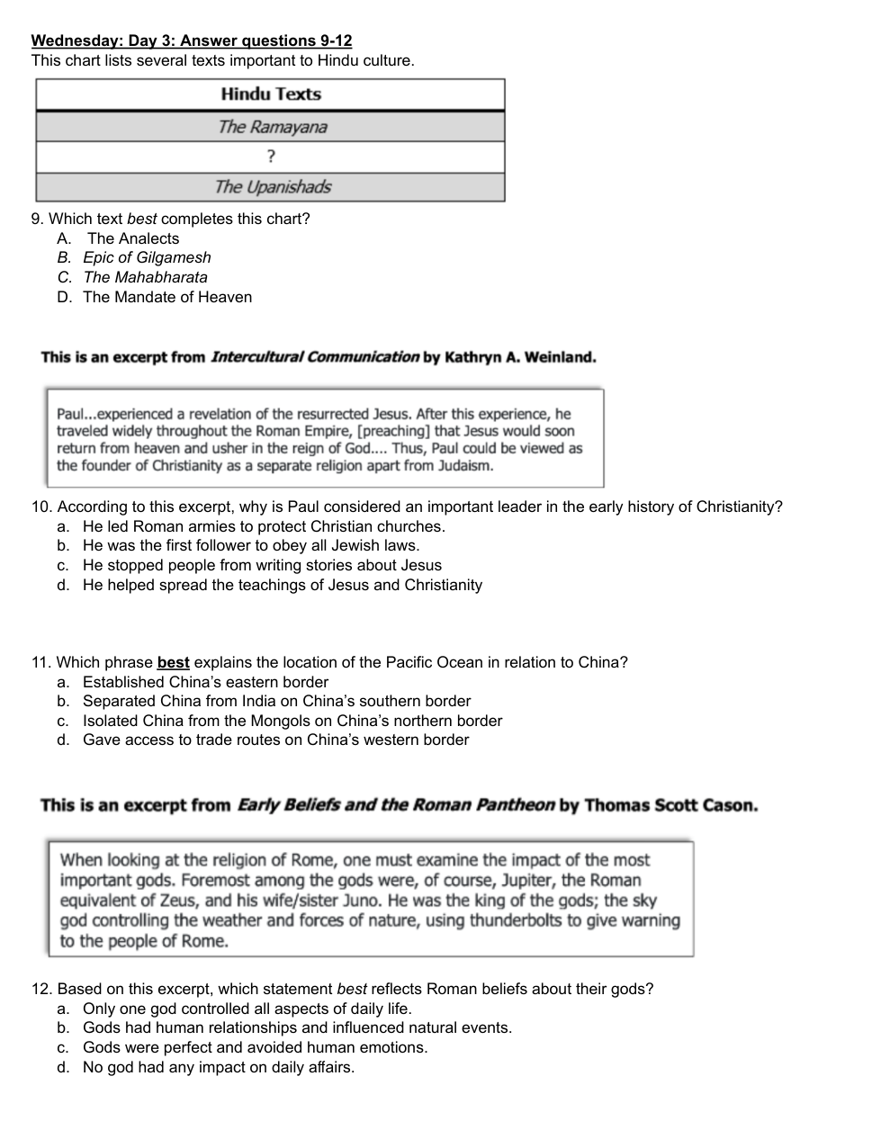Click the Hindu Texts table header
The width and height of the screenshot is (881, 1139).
coord(271,94)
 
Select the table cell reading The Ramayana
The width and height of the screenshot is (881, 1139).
coord(271,127)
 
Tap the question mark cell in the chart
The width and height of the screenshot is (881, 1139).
coord(271,157)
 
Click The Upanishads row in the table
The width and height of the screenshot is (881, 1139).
coord(271,187)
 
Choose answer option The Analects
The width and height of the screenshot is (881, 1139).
coord(132,238)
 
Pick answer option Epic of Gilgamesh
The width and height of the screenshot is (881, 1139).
coord(147,258)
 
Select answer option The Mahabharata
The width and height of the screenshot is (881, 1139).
coord(145,277)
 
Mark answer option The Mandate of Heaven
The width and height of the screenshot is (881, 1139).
coord(167,297)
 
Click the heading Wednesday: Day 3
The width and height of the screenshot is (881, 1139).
coord(192,40)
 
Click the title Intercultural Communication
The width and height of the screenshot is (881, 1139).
coord(314,357)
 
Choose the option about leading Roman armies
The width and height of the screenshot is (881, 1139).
coord(264,526)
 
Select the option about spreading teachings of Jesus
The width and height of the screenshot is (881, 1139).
coord(282,585)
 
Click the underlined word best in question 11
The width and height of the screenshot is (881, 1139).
coord(173,662)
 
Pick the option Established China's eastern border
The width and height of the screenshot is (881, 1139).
coord(205,682)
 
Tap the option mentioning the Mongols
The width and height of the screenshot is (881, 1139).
coord(292,721)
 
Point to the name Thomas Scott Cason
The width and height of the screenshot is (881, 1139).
coord(670,805)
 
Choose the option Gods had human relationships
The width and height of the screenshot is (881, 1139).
coord(297,1027)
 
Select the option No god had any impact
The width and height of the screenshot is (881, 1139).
coord(219,1067)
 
